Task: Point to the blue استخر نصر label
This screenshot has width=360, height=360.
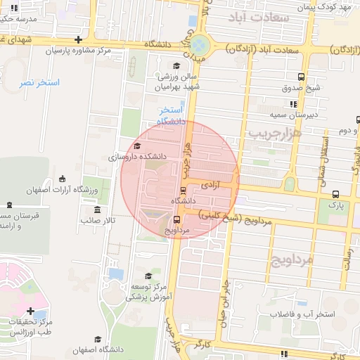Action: click(40, 83)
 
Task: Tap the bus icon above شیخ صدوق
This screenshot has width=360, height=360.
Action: click(301, 77)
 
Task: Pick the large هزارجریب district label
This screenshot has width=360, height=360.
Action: click(274, 131)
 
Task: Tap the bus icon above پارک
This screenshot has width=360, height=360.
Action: click(335, 193)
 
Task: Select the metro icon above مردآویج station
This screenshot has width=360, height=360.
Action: click(178, 219)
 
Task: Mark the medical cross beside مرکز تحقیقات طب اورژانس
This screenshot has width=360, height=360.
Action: click(30, 311)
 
